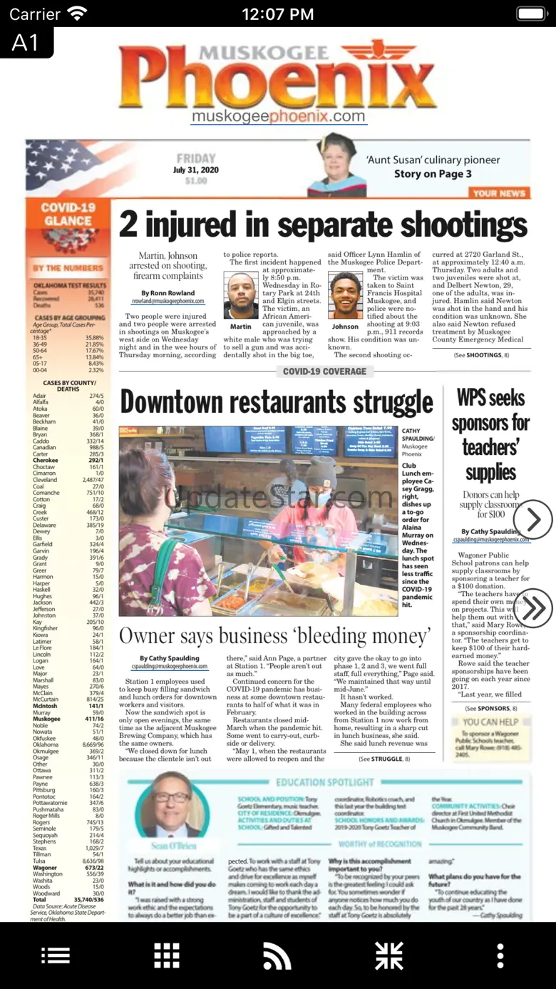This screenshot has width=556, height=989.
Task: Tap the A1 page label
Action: click(26, 43)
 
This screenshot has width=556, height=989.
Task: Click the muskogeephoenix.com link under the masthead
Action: click(278, 116)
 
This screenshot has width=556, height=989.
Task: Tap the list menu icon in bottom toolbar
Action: click(56, 955)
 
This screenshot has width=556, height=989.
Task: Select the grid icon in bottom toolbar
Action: click(167, 955)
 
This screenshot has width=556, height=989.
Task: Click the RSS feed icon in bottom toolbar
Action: click(277, 955)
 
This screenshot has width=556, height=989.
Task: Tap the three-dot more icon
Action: click(500, 955)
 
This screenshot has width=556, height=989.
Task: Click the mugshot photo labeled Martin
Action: click(241, 295)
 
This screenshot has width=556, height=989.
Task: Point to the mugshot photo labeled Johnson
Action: click(345, 295)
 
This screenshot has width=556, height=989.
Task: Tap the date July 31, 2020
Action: click(196, 170)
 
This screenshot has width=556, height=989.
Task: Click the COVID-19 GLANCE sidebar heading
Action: click(68, 214)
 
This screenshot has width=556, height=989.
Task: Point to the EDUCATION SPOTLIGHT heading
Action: click(325, 782)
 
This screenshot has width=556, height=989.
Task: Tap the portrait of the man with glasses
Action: click(172, 806)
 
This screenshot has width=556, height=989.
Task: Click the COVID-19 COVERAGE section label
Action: click(324, 371)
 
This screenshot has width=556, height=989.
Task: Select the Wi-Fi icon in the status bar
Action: click(76, 14)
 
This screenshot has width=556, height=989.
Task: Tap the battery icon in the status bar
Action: click(531, 14)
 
